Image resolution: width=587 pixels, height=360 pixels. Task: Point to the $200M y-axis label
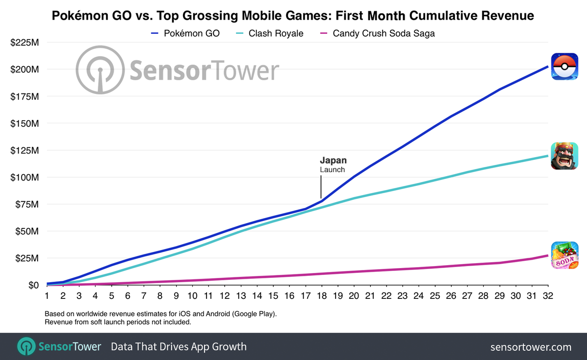pos(24,69)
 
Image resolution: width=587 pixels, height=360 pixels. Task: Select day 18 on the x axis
pos(321,296)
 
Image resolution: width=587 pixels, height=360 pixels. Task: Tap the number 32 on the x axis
pos(547,296)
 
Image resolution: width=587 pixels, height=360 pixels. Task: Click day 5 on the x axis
pos(112,296)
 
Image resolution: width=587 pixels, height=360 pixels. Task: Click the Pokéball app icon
pos(564,67)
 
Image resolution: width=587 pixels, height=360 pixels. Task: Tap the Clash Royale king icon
pos(564,156)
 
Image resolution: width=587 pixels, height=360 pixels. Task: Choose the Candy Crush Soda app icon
pos(564,255)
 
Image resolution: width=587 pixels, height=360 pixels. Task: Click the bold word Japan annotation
pos(333,160)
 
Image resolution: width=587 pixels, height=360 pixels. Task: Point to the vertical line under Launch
pos(321,187)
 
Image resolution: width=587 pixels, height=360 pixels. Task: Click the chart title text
pos(293,17)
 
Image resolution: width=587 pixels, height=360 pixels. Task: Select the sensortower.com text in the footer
pos(531,347)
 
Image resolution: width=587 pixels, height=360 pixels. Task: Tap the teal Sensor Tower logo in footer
pos(25,346)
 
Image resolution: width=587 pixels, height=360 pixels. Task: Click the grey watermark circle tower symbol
pos(100,70)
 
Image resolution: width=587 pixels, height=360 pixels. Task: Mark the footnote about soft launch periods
pos(117,322)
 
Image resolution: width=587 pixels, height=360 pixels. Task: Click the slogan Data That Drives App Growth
pos(179,347)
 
